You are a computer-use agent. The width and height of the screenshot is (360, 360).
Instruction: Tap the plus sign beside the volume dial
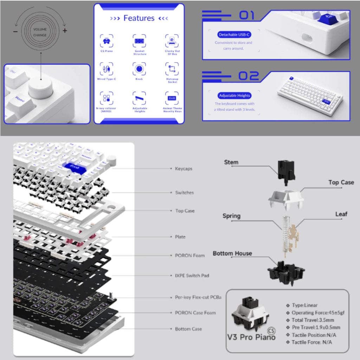pyautogui.click(x=65, y=31)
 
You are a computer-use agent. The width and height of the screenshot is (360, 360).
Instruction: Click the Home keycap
pyautogui.click(x=20, y=100)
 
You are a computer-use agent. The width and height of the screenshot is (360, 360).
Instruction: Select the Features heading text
pyautogui.click(x=139, y=18)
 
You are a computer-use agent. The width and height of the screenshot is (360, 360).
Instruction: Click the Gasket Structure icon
pyautogui.click(x=140, y=41)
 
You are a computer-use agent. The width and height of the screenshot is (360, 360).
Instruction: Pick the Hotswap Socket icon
pyautogui.click(x=172, y=69)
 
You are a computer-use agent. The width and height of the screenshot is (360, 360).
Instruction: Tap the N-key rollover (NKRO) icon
pyautogui.click(x=106, y=98)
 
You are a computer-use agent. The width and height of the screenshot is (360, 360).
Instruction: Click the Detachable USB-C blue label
pyautogui.click(x=234, y=35)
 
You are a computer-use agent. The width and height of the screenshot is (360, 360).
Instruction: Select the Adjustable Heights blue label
pyautogui.click(x=234, y=96)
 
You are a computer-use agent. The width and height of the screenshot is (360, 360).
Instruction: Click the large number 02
pyautogui.click(x=249, y=76)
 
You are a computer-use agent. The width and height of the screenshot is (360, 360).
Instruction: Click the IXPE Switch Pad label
pyautogui.click(x=192, y=275)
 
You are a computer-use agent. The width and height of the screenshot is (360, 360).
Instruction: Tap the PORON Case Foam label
pyautogui.click(x=195, y=313)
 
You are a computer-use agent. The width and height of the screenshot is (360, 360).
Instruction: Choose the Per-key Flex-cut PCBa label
pyautogui.click(x=198, y=297)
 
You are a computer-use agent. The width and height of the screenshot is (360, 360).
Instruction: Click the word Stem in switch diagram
pyautogui.click(x=231, y=162)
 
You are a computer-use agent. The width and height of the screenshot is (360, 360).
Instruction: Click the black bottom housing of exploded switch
pyautogui.click(x=286, y=271)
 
